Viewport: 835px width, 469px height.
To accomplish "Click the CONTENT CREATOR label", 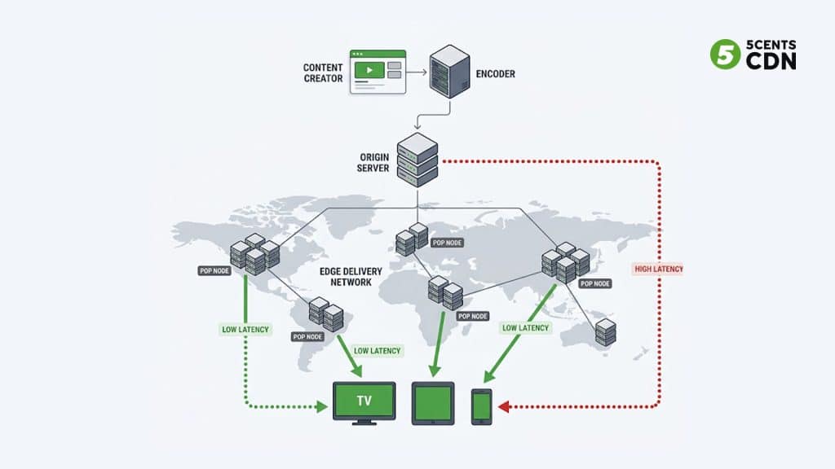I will pos(323,72).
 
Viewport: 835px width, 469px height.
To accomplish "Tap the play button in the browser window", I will pos(369,71).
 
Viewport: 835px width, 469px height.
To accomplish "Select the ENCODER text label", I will pos(495,74).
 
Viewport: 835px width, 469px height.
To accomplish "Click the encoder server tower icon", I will pos(450,72).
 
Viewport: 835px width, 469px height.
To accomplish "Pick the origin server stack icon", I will pos(417,159).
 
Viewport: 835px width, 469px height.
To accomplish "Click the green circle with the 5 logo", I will pos(725,55).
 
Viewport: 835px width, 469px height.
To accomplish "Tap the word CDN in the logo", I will pos(771,62).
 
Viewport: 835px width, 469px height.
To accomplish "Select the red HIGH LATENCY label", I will pos(659,269).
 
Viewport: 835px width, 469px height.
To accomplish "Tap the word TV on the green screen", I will pos(364,401).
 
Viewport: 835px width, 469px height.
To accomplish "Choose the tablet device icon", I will pos(433,403).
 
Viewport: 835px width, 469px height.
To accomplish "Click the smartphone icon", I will pos(482,405).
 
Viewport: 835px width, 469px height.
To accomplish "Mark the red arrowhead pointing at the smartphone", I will pos(503,405).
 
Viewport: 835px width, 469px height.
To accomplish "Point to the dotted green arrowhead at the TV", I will pos(323,405).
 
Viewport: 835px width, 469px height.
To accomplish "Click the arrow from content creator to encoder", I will pos(416,72).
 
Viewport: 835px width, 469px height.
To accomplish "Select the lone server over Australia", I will pos(605,332).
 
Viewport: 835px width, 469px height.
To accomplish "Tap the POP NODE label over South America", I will pos(307,336).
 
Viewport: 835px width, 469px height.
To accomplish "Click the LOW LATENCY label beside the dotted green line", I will pos(245,330).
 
